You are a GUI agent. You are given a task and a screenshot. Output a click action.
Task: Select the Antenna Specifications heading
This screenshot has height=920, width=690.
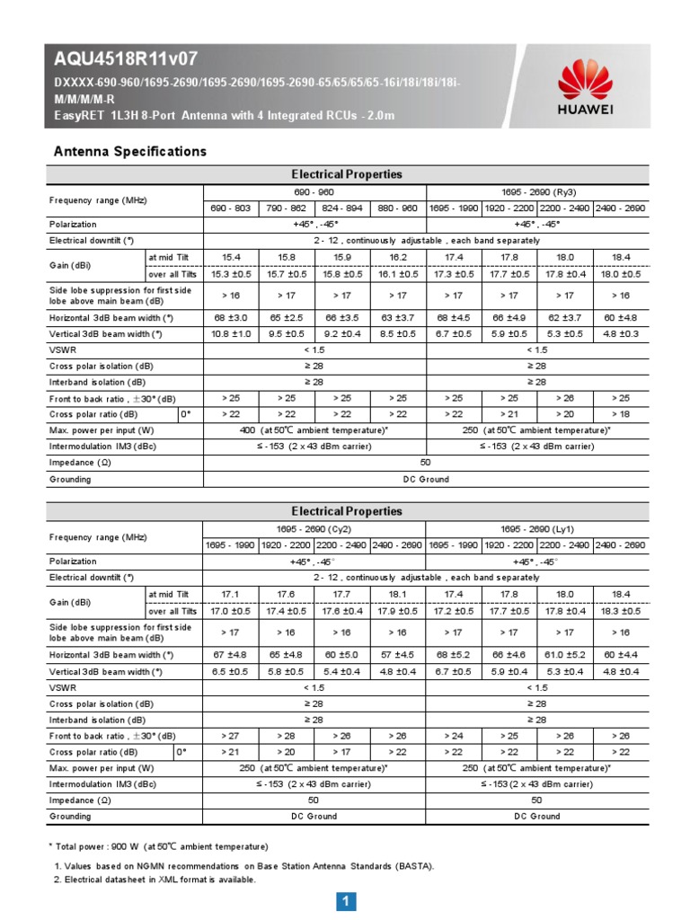coord(130,151)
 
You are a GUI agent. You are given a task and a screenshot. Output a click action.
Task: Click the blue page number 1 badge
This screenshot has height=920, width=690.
coord(346,902)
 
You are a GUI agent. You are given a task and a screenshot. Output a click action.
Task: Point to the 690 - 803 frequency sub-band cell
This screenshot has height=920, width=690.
coord(231,208)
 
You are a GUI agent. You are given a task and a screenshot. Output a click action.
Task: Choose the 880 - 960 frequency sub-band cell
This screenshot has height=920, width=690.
coord(397,208)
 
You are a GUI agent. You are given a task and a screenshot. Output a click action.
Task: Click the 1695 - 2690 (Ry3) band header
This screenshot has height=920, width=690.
coord(536,192)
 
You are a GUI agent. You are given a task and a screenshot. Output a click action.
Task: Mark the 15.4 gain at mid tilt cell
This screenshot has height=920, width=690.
coord(231,257)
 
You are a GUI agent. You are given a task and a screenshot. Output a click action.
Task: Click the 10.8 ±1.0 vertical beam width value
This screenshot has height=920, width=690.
coord(231,334)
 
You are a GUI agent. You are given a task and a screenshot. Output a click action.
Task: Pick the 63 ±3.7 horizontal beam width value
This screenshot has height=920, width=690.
coord(397,317)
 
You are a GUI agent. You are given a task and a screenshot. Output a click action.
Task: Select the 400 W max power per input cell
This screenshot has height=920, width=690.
coord(314,430)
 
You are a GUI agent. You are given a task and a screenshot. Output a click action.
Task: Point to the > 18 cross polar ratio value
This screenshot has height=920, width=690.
coord(620,414)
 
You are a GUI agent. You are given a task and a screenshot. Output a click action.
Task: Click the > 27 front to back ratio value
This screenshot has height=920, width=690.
coord(231,736)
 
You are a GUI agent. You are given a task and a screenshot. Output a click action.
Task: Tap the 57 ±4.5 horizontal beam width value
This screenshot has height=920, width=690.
coord(397,655)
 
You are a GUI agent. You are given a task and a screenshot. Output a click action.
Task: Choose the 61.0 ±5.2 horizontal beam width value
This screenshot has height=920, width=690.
coord(564,655)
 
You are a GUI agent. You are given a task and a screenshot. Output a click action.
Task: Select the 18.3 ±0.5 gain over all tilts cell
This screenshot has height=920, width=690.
coord(620,611)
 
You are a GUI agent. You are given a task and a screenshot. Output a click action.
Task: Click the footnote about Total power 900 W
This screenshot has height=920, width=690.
coord(158,846)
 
